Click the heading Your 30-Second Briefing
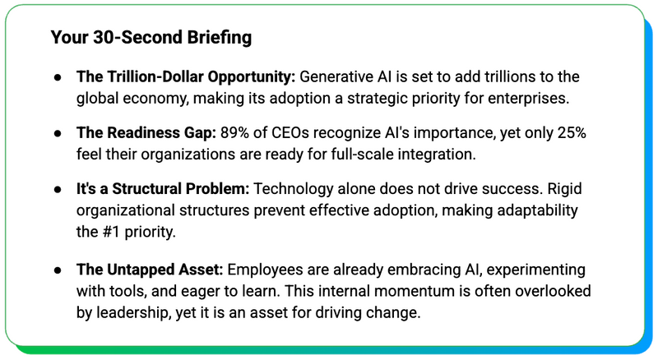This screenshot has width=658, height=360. pos(151,38)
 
